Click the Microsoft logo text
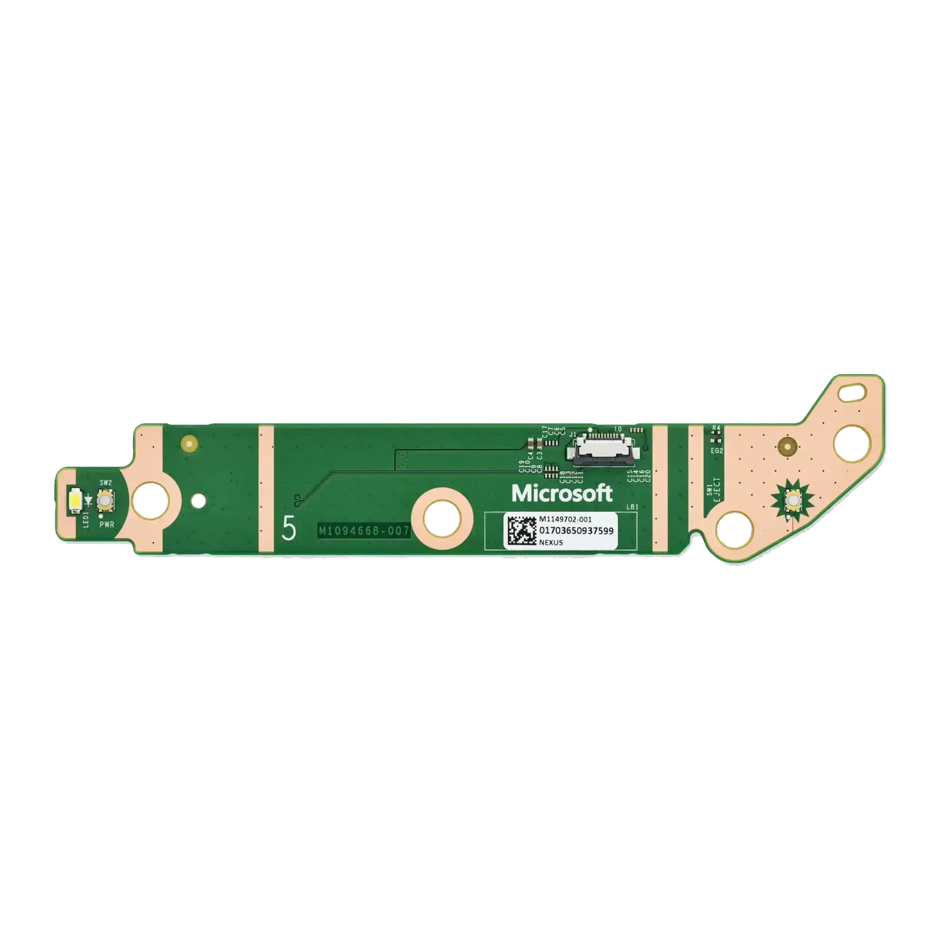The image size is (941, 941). [561, 493]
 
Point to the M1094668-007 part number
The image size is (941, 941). [364, 531]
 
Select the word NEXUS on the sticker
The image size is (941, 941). [551, 543]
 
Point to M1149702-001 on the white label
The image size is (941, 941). [565, 519]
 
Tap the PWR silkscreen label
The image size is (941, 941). [106, 524]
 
